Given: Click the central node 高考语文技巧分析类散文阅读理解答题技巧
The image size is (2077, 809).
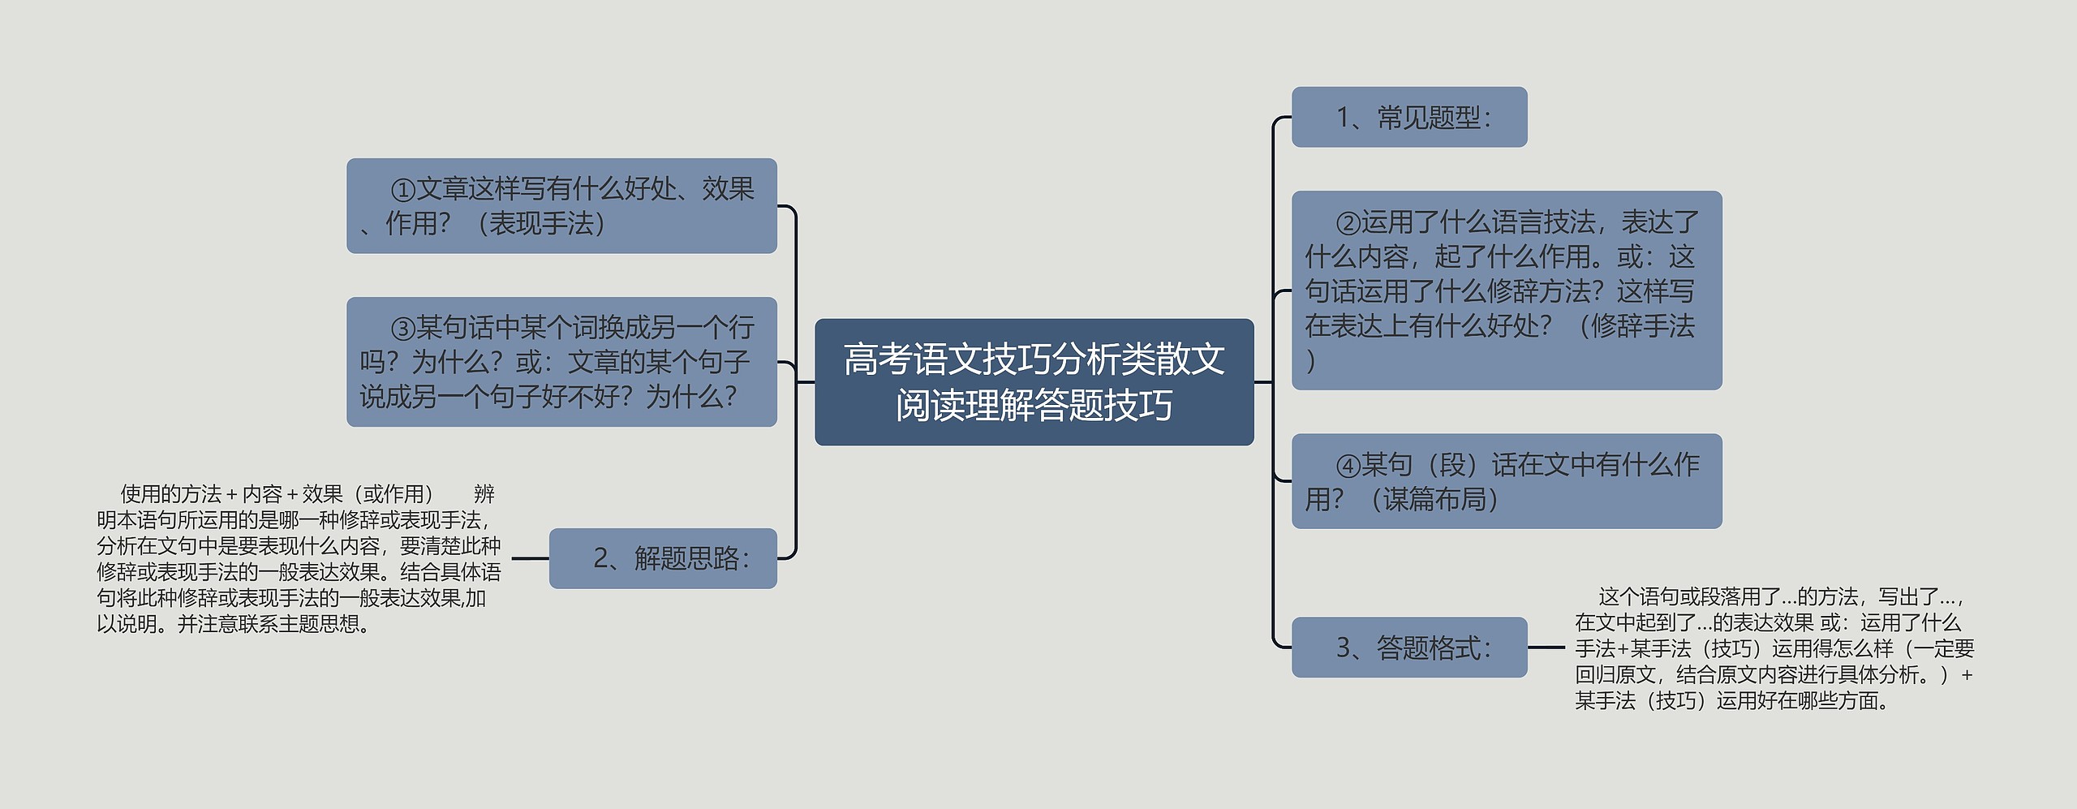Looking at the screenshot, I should [x=1034, y=381].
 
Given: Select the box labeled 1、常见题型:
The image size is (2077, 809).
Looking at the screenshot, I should [x=1408, y=118].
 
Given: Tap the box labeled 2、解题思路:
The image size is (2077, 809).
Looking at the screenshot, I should [x=663, y=558].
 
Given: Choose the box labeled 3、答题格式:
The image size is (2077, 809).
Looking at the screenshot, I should [x=1408, y=648].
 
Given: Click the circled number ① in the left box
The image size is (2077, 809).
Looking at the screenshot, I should [x=402, y=190].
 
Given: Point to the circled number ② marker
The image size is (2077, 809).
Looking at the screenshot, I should [x=1348, y=223].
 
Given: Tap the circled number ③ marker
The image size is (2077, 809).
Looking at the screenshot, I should [x=402, y=329].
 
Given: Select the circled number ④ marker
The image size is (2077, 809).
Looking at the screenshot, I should [x=1348, y=466].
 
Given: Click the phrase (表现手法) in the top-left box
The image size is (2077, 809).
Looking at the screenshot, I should [x=541, y=223].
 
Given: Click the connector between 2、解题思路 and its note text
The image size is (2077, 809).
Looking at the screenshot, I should [x=530, y=558].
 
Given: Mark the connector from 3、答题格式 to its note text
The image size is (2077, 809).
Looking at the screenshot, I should [x=1546, y=648].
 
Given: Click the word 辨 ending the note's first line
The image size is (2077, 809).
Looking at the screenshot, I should [x=484, y=494].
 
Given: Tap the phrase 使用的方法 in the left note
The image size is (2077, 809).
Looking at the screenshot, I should [x=170, y=494].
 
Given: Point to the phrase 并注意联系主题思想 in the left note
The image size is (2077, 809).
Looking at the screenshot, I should [x=268, y=624].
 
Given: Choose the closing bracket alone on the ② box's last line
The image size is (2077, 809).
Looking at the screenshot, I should [x=1311, y=361].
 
